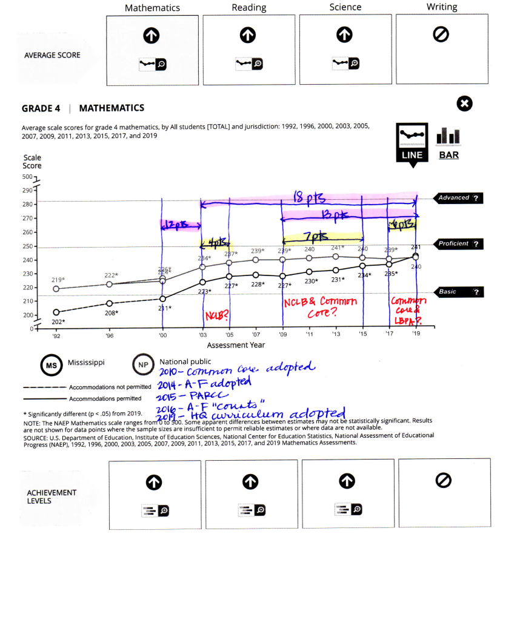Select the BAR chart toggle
(449, 143)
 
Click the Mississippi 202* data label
(58, 322)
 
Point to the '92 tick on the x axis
(56, 334)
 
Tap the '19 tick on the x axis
(416, 334)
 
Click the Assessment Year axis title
(236, 345)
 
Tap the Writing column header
(442, 7)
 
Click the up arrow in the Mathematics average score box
(152, 36)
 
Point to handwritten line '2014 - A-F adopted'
(204, 385)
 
